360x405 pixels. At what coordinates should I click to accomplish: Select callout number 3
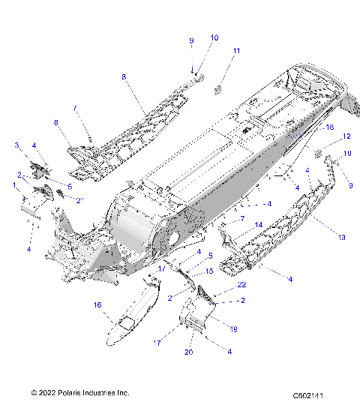pos(16,145)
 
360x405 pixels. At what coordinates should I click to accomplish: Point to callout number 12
pos(346,136)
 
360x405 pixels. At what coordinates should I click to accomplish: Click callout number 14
pos(257,224)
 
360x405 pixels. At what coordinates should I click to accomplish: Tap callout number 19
pos(232,328)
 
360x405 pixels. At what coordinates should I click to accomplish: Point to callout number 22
pos(241,284)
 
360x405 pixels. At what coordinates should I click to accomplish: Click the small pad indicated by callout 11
pos(220,88)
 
